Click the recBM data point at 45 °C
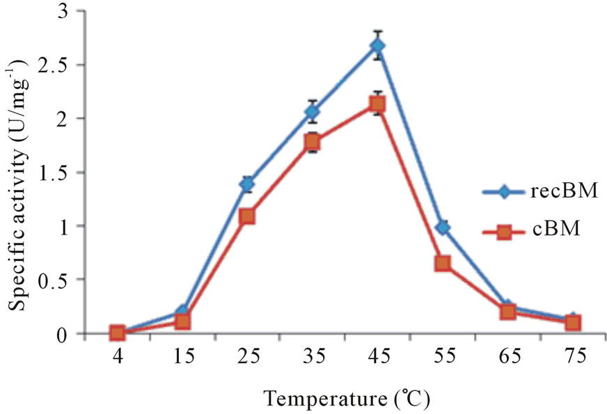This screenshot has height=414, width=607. pyautogui.click(x=378, y=47)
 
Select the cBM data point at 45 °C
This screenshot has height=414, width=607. pyautogui.click(x=378, y=104)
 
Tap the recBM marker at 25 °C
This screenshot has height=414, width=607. pyautogui.click(x=247, y=184)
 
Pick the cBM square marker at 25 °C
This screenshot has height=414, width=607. pyautogui.click(x=247, y=216)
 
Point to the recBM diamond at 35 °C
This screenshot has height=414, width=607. pyautogui.click(x=313, y=111)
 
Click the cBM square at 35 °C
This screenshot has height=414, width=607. pyautogui.click(x=313, y=143)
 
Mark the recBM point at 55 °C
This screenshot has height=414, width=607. pyautogui.click(x=443, y=228)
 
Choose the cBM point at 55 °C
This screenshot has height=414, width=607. pyautogui.click(x=443, y=264)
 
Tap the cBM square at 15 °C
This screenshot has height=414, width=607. pyautogui.click(x=182, y=321)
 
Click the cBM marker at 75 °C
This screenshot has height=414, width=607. pyautogui.click(x=573, y=323)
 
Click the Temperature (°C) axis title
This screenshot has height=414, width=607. pyautogui.click(x=346, y=399)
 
